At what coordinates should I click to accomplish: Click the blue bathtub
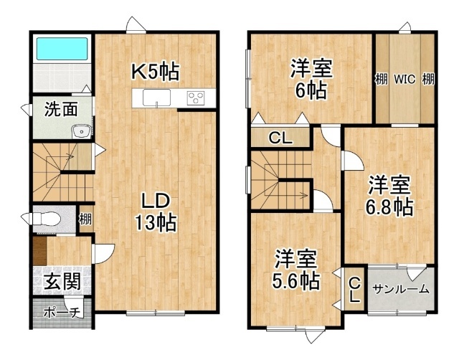(62, 49)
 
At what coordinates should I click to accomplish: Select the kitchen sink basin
(156, 98)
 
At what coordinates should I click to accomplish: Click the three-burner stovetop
(197, 98)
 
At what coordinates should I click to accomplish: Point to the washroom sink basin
(81, 131)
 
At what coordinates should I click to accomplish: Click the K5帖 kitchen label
(155, 72)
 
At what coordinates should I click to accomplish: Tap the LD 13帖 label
(156, 212)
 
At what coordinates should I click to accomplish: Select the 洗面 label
(61, 110)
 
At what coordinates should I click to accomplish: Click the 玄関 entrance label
(62, 282)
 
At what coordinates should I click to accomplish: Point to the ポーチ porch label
(62, 313)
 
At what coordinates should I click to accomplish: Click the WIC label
(404, 79)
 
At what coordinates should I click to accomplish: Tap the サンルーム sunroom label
(401, 289)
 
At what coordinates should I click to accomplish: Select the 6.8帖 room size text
(389, 207)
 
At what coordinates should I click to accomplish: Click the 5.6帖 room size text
(295, 281)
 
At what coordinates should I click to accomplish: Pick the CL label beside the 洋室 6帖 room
(280, 138)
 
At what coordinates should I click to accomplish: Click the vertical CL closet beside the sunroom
(354, 289)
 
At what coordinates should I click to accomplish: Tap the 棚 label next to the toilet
(85, 219)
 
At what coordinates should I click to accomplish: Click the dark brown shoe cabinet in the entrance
(39, 251)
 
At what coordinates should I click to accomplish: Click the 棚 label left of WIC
(382, 79)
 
